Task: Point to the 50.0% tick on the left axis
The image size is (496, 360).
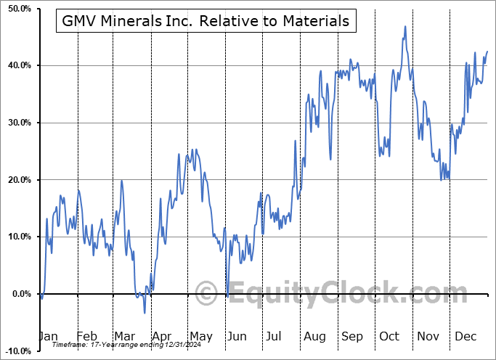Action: point(17,9)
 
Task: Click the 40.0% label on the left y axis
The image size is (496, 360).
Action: point(17,66)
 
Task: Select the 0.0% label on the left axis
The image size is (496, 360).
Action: point(20,294)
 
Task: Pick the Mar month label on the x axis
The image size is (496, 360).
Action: point(125,337)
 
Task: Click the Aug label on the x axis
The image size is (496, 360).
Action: point(314,337)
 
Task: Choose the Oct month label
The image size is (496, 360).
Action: point(389,337)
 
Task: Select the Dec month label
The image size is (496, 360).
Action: point(465,337)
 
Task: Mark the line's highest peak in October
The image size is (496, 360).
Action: point(404,27)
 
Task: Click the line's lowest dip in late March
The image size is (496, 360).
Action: point(145,313)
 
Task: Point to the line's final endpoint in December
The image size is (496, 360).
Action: point(487,51)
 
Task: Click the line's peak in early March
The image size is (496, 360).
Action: point(121,180)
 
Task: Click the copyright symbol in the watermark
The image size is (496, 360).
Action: point(208,294)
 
